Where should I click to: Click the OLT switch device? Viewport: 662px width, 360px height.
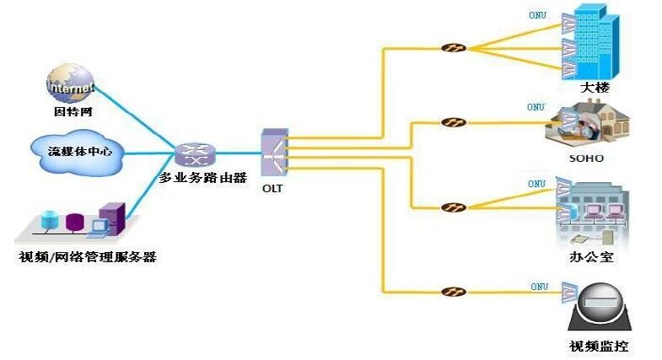pyautogui.click(x=273, y=153)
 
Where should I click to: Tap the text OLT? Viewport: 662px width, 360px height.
pyautogui.click(x=272, y=189)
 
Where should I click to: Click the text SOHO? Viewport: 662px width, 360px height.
pyautogui.click(x=587, y=158)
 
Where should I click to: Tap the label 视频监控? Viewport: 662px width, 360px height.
pyautogui.click(x=599, y=347)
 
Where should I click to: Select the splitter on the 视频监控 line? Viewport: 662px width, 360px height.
pyautogui.click(x=454, y=293)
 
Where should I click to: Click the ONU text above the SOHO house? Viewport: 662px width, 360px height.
pyautogui.click(x=536, y=108)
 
